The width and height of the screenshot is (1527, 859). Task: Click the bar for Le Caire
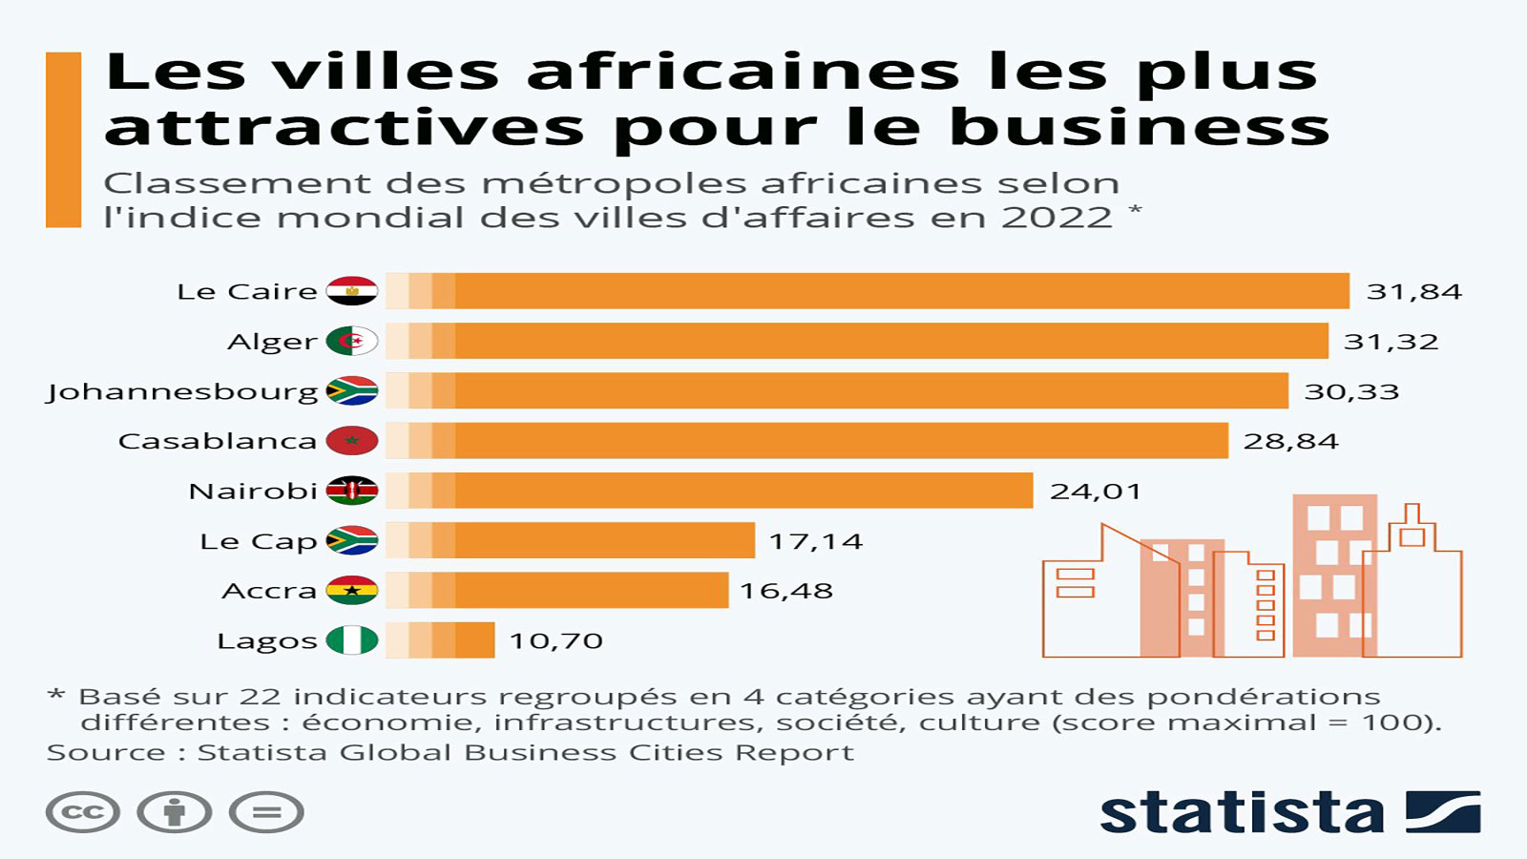(868, 291)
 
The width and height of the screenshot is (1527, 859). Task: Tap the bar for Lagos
(440, 640)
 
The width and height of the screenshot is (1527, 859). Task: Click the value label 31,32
(1391, 342)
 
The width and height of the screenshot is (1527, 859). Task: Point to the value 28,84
(1290, 441)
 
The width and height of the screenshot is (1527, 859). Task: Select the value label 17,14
(816, 541)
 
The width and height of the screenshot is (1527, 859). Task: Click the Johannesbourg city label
(182, 392)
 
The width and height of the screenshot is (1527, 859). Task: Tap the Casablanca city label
(217, 441)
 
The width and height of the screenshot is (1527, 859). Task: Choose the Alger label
(272, 343)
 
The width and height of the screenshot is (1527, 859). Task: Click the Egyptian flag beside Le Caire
(352, 291)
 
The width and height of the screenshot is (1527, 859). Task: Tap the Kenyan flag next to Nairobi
(352, 491)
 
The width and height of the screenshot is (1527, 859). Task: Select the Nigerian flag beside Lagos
(352, 640)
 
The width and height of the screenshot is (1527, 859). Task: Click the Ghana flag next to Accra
(352, 591)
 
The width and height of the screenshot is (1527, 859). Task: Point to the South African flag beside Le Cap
(352, 541)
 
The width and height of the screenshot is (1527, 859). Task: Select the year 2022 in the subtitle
(1056, 218)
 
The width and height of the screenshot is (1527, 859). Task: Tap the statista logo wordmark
(1242, 813)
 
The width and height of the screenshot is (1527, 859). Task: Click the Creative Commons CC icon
(83, 813)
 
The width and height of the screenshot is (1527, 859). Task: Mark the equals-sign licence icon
(266, 813)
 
